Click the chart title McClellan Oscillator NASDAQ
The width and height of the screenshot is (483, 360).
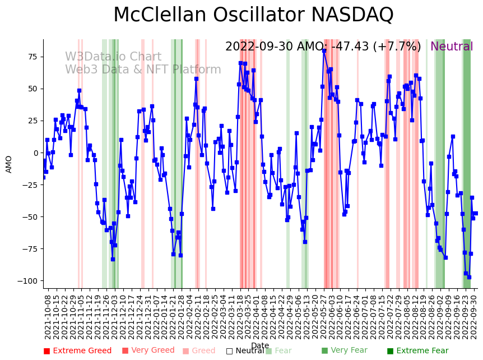253,15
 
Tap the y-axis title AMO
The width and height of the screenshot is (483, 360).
9,164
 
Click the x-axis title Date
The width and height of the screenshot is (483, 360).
260,345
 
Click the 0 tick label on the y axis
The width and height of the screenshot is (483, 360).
35,153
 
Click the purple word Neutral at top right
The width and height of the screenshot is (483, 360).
452,47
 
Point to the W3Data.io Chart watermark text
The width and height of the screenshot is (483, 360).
113,57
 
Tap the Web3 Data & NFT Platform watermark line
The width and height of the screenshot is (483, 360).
143,70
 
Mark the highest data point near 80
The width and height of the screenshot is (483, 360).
324,50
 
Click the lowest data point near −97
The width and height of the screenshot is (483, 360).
469,277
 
